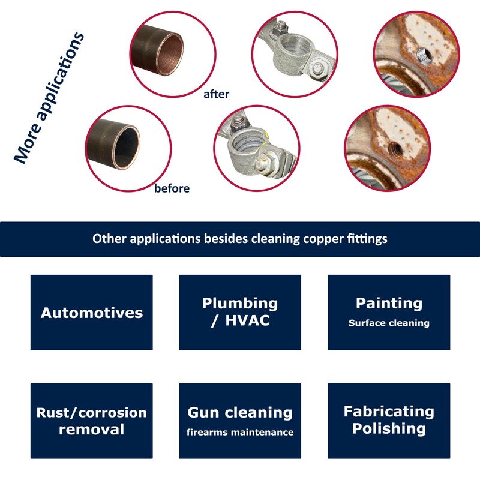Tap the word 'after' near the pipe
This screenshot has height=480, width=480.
(x=216, y=94)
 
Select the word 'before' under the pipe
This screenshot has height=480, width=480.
(x=172, y=188)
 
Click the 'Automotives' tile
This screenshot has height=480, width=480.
(x=92, y=313)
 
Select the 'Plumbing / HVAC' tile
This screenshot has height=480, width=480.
(x=240, y=313)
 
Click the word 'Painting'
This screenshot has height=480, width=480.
(x=389, y=304)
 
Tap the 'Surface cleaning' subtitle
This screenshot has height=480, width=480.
(x=389, y=323)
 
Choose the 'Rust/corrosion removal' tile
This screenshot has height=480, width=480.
(x=92, y=421)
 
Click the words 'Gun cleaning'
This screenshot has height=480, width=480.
(x=240, y=413)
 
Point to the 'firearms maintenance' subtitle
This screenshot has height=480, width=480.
(x=240, y=432)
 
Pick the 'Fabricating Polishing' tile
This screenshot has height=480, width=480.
(x=389, y=421)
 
